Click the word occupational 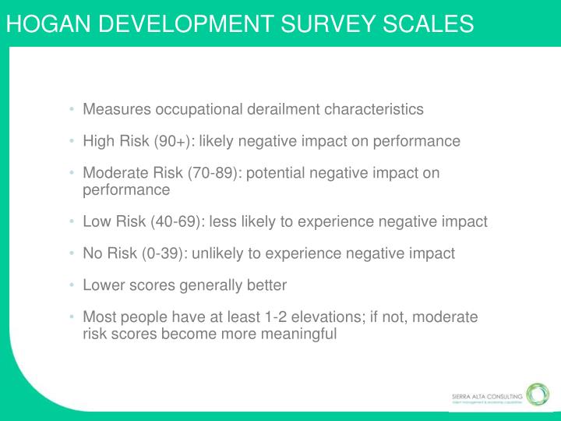[191, 109]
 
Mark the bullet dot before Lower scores [72, 285]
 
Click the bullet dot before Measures [72, 109]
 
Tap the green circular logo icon [537, 394]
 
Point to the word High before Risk [98, 141]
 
